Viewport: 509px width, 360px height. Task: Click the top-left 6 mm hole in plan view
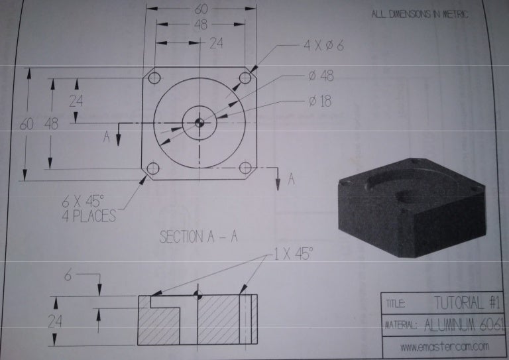(x=154, y=78)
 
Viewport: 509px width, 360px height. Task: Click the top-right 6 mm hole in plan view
(x=245, y=78)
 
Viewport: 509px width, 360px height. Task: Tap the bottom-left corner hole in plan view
(x=153, y=168)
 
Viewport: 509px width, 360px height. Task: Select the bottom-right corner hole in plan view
(x=245, y=168)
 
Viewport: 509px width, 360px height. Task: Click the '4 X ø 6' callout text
(x=323, y=46)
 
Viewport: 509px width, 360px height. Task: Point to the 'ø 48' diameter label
(x=321, y=76)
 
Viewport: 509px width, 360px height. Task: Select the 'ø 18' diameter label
(x=321, y=101)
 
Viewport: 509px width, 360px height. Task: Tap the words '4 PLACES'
(x=88, y=215)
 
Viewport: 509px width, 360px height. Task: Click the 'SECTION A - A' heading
(x=199, y=237)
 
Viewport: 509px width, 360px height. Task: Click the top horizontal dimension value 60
(x=201, y=9)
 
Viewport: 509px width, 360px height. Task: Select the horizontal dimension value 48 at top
(x=201, y=24)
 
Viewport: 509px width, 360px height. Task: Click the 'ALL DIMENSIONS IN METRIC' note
(x=420, y=14)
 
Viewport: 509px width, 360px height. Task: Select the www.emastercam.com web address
(x=445, y=346)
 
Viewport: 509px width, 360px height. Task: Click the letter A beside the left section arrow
(x=106, y=137)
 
